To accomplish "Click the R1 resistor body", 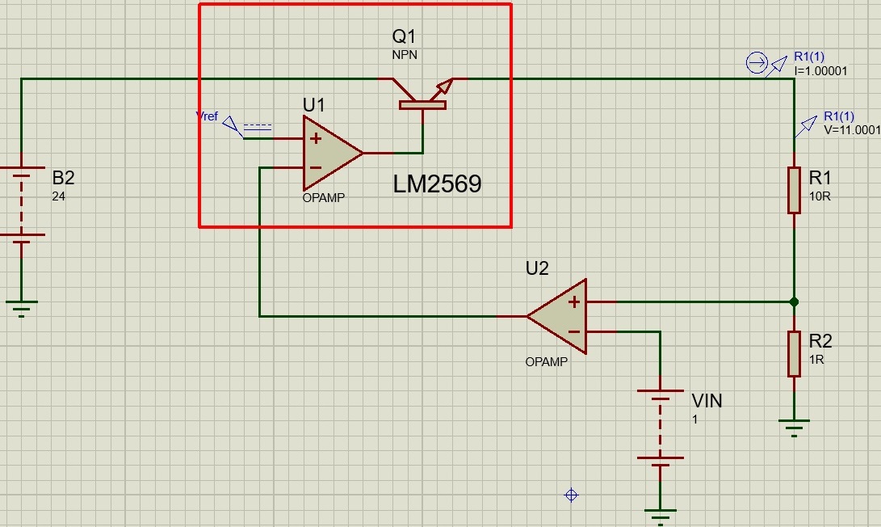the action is (x=794, y=190).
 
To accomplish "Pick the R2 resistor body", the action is (x=794, y=354).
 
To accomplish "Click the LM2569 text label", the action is (x=437, y=184).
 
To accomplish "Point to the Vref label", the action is (x=207, y=116).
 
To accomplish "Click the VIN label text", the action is (x=707, y=400).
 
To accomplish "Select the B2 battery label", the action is (x=63, y=178).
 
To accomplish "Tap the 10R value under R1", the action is (x=820, y=196).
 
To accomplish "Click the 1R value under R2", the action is (x=816, y=360).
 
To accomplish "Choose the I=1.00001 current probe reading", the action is (x=820, y=71).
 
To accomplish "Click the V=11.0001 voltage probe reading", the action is (x=852, y=130).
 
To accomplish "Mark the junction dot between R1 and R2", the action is (x=794, y=302).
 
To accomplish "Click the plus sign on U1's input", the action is (x=316, y=137).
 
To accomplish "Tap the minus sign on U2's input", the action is (x=573, y=332).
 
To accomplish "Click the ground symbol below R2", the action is (x=794, y=428).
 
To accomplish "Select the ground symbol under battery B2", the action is (x=21, y=309).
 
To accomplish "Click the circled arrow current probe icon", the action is (x=757, y=62).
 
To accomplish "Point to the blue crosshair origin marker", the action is (x=571, y=495).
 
